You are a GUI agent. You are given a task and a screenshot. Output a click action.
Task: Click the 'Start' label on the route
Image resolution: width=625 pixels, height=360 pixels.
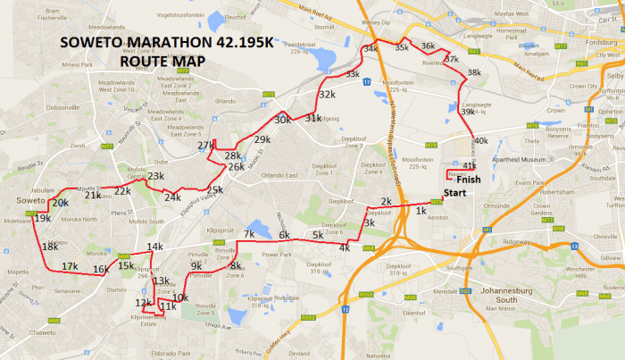456,193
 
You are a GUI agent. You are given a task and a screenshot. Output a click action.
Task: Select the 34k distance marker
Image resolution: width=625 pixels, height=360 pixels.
370,48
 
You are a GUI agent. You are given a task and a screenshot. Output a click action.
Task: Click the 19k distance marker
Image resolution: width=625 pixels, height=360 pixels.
42,218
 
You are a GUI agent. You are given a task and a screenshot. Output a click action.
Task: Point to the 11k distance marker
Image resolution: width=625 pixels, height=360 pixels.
168,307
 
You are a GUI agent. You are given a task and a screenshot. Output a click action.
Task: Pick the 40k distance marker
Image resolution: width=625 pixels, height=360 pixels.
480,141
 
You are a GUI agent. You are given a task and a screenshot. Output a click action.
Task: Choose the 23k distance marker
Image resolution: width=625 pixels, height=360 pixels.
156,177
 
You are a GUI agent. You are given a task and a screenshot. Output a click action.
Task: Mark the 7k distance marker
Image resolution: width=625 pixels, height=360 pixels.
249,235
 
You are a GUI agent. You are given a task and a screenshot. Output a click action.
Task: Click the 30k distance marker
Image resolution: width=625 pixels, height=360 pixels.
283,120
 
